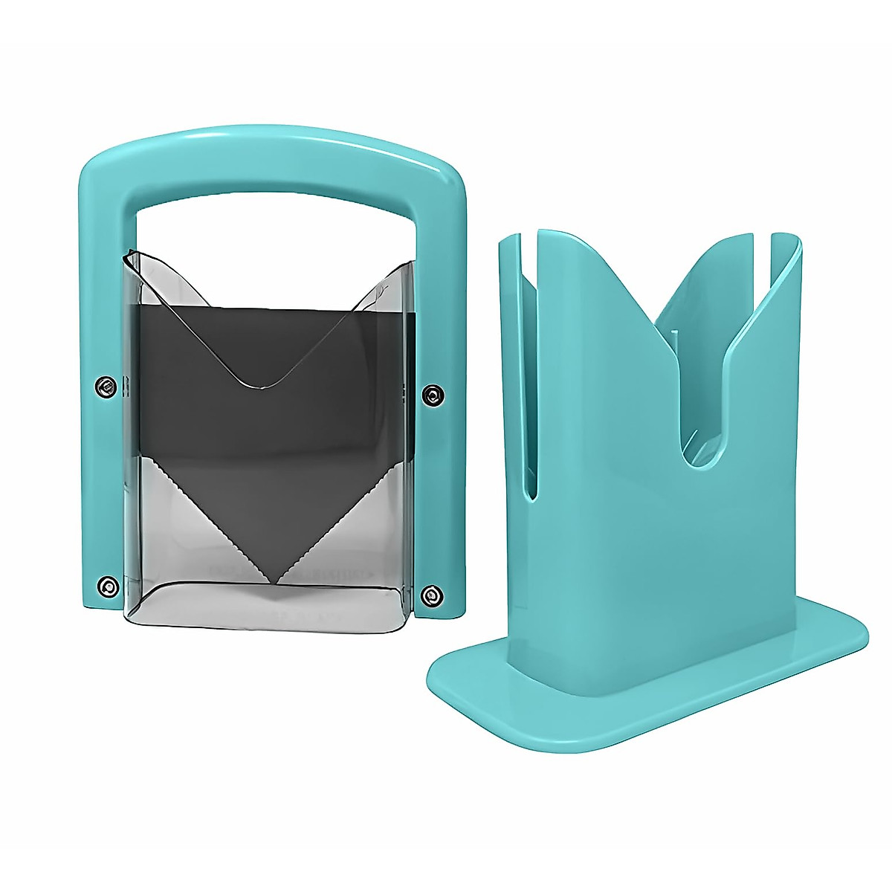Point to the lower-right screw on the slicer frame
430,594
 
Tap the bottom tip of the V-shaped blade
277,583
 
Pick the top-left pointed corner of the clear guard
127,253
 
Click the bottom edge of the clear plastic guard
268,621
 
